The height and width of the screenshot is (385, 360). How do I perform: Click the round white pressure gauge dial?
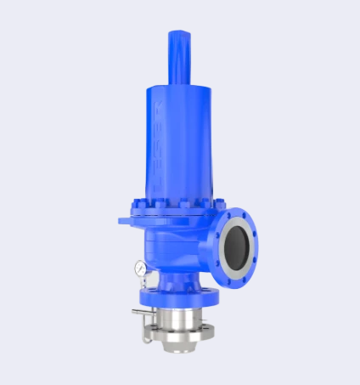138,268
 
